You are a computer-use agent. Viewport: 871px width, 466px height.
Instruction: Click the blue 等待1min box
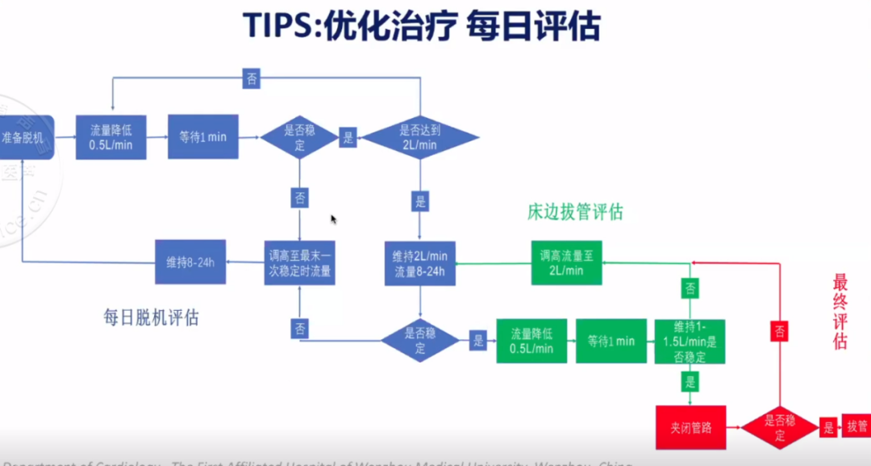202,137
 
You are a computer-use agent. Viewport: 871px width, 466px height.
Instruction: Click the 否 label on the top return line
252,78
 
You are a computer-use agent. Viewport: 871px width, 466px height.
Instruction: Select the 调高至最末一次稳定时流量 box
299,262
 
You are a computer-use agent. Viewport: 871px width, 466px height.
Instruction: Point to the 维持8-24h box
190,262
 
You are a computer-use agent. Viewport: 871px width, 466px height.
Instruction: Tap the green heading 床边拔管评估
575,212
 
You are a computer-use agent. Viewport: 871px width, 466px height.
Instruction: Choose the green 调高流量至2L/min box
566,262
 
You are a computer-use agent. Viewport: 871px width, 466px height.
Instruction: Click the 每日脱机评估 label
151,317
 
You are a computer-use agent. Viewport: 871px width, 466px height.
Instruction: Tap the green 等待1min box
611,341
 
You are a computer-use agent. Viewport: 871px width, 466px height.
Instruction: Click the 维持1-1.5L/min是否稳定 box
690,341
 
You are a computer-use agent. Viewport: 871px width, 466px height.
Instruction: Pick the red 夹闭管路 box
690,427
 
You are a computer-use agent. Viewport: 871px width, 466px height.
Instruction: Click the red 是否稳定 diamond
779,428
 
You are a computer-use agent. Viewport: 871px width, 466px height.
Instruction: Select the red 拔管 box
855,426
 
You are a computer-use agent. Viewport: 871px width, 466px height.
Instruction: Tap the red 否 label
780,330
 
